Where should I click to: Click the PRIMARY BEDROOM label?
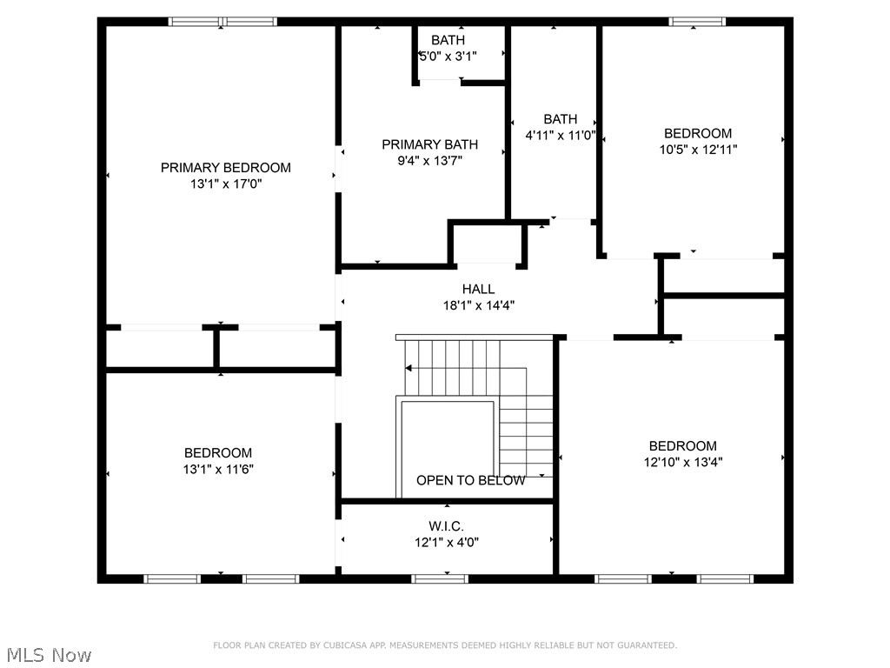pyautogui.click(x=225, y=168)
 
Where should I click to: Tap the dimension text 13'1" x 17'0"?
pyautogui.click(x=225, y=184)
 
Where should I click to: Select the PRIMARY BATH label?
pyautogui.click(x=429, y=144)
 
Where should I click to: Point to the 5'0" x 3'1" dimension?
pyautogui.click(x=448, y=56)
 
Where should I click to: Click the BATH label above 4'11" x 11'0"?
pyautogui.click(x=560, y=119)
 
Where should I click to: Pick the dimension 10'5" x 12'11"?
pyautogui.click(x=698, y=150)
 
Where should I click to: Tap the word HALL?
pyautogui.click(x=478, y=289)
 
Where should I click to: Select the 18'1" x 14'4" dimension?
pyautogui.click(x=478, y=305)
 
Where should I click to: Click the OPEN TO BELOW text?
pyautogui.click(x=470, y=480)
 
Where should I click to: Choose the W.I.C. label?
pyautogui.click(x=446, y=526)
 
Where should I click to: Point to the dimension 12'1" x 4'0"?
pyautogui.click(x=446, y=542)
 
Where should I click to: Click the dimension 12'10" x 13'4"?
pyautogui.click(x=682, y=462)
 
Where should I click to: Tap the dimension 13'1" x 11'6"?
pyautogui.click(x=218, y=469)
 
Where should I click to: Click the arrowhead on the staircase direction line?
pyautogui.click(x=408, y=368)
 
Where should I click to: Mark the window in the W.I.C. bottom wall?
pyautogui.click(x=440, y=578)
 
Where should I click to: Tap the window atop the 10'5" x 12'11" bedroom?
pyautogui.click(x=697, y=22)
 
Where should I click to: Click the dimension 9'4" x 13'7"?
pyautogui.click(x=429, y=160)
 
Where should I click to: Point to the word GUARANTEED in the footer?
pyautogui.click(x=645, y=645)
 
